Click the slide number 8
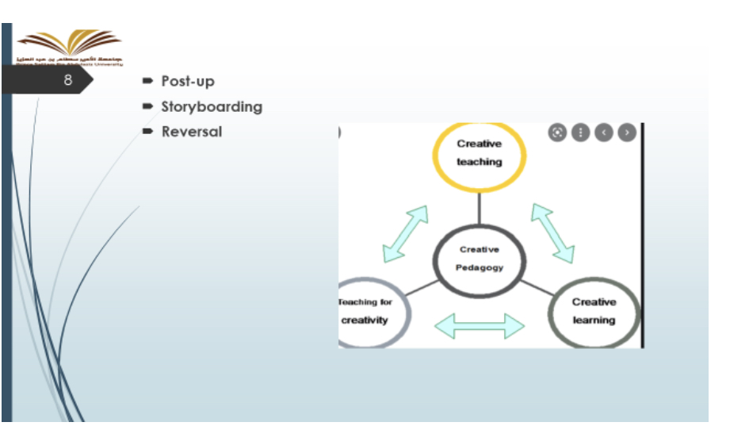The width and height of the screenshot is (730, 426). click(x=68, y=81)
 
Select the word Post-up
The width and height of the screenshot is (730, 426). click(x=188, y=81)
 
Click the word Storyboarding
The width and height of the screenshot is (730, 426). click(x=212, y=106)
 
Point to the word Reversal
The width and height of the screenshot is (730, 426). click(x=192, y=132)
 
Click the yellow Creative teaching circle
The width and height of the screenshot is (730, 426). click(x=479, y=155)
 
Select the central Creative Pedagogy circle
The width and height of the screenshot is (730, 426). click(x=480, y=259)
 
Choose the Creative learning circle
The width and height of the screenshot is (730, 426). click(x=594, y=312)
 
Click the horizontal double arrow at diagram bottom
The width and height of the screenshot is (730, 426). click(x=480, y=324)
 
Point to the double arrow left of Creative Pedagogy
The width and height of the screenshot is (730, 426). click(x=405, y=234)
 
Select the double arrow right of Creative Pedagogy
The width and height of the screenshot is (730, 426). click(x=552, y=232)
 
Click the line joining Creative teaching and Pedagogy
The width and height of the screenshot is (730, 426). click(x=480, y=208)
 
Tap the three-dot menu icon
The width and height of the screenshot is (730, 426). click(x=580, y=132)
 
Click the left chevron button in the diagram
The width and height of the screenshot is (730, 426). click(x=604, y=132)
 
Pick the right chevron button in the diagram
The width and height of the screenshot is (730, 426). click(x=627, y=132)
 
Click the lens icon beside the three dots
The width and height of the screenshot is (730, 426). click(x=557, y=132)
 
